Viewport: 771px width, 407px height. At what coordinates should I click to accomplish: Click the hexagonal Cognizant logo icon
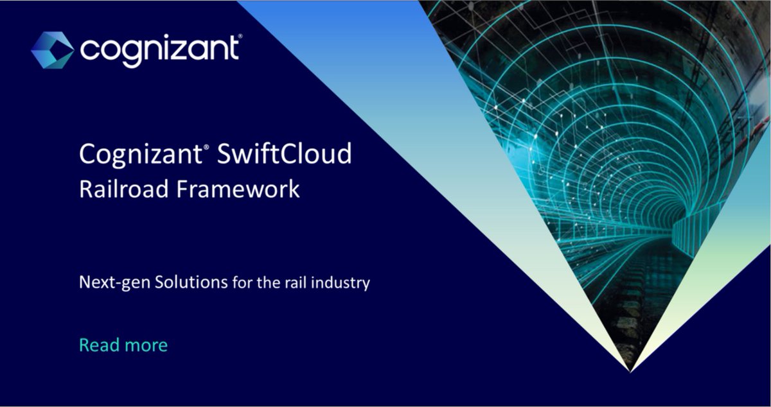pos(52,49)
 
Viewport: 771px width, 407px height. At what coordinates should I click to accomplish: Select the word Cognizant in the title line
pos(139,155)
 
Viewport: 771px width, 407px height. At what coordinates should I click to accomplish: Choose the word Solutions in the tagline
pos(191,282)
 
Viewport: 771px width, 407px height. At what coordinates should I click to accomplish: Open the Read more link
pos(123,345)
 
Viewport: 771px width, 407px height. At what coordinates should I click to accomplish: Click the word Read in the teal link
pos(96,345)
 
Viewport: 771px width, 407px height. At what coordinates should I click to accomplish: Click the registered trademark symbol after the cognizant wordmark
pos(240,38)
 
